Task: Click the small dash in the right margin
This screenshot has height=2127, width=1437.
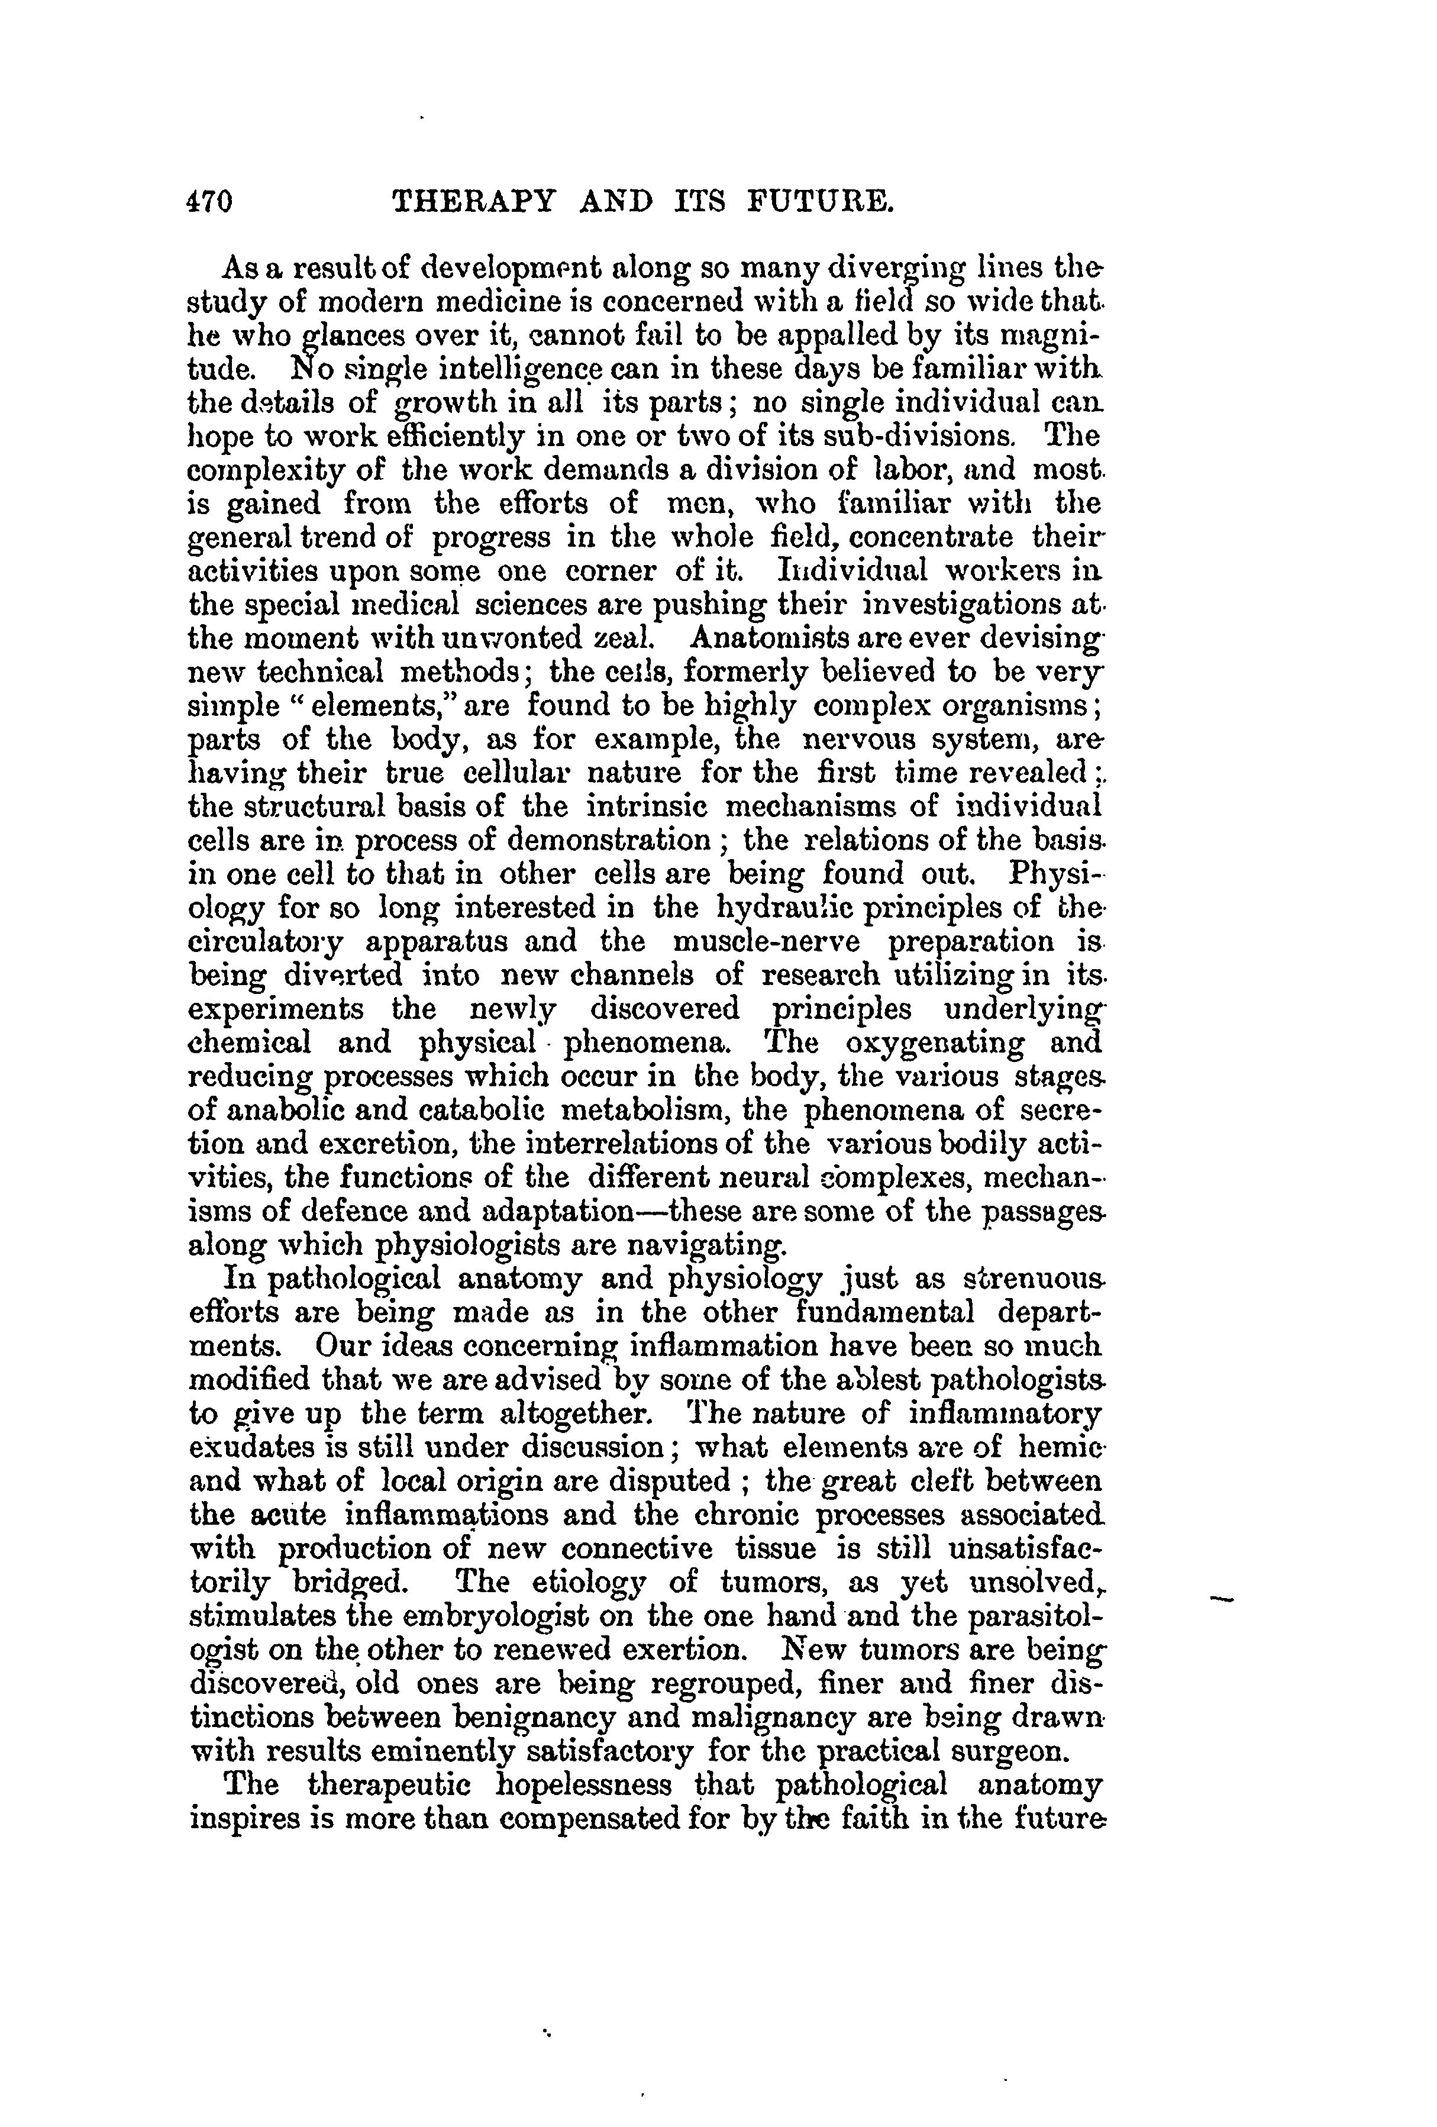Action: pyautogui.click(x=1223, y=1598)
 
